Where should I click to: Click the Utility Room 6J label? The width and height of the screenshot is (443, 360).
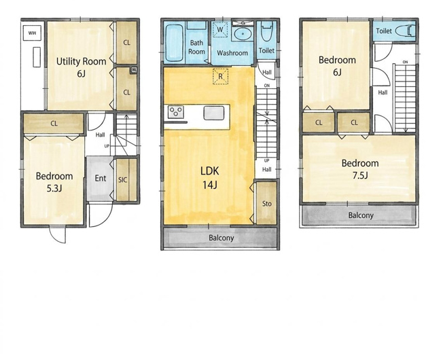pos(81,67)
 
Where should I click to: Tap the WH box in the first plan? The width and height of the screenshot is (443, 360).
pos(32,33)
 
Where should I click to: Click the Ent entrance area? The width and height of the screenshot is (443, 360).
pos(100,179)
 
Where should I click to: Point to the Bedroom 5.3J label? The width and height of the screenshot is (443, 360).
pos(54,182)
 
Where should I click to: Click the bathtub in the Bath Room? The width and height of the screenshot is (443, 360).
pos(174,43)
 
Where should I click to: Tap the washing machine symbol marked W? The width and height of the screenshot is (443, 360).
pos(220,29)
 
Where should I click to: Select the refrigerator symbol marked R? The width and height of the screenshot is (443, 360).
pos(220,76)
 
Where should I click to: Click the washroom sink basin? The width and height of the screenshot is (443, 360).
pos(243,34)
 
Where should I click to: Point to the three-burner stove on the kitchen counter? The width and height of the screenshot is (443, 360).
pos(175,112)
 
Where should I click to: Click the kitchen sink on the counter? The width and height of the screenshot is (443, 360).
pos(214,113)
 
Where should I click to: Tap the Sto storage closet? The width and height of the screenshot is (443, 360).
pos(266,203)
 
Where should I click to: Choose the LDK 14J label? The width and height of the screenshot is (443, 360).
pos(210,178)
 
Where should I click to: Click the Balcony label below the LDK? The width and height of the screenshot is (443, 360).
pos(221,238)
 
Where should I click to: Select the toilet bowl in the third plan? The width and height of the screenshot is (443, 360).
pos(406,31)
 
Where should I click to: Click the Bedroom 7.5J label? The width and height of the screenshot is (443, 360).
pos(360,169)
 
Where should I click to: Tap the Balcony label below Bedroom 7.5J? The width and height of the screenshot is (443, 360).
pos(361,215)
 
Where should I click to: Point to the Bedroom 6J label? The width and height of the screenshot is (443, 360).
pos(337,66)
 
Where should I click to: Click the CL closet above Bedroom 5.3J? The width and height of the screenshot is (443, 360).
pos(54,124)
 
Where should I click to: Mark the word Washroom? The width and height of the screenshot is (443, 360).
pos(232,53)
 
